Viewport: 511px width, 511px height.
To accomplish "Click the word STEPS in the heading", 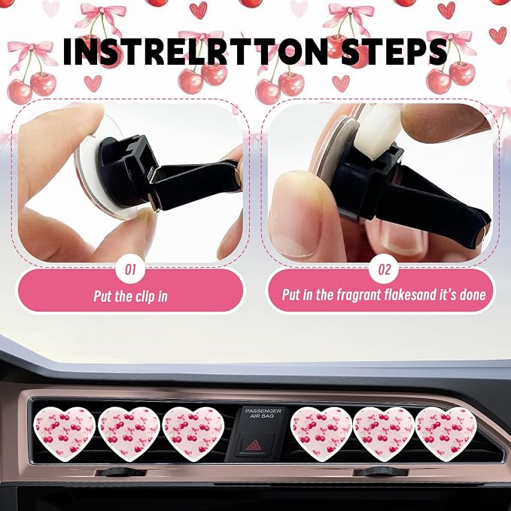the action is (394, 51).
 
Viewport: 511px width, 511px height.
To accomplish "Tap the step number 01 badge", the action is (131, 269).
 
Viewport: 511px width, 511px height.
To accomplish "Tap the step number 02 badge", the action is (384, 269).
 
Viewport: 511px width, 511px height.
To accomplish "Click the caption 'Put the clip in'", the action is (130, 297).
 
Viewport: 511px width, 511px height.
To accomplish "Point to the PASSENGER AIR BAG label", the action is (263, 414).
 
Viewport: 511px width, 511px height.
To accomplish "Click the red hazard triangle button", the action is (253, 445).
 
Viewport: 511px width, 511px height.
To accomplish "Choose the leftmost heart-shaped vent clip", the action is (65, 433).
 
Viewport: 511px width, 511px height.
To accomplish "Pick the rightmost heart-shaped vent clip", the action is (446, 433).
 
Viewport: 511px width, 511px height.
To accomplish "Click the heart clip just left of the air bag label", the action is (193, 433).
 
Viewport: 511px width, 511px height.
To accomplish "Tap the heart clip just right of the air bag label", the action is (321, 433).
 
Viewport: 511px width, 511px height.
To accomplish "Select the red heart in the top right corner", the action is (497, 35).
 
